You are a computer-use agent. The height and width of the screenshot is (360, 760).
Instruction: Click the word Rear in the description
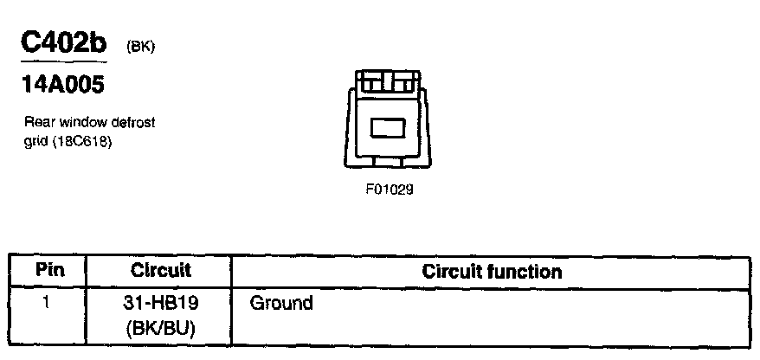point(38,123)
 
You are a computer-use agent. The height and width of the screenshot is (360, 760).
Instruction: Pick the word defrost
point(131,123)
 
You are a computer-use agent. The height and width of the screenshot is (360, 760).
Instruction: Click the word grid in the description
point(33,139)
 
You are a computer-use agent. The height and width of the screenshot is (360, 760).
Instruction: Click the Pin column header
point(48,270)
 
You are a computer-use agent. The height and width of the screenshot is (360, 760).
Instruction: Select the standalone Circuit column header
point(160,270)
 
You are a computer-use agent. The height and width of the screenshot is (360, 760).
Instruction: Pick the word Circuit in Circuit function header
point(453,272)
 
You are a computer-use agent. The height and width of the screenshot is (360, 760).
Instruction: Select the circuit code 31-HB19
point(161,304)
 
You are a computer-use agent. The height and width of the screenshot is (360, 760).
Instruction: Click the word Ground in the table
point(280,304)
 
